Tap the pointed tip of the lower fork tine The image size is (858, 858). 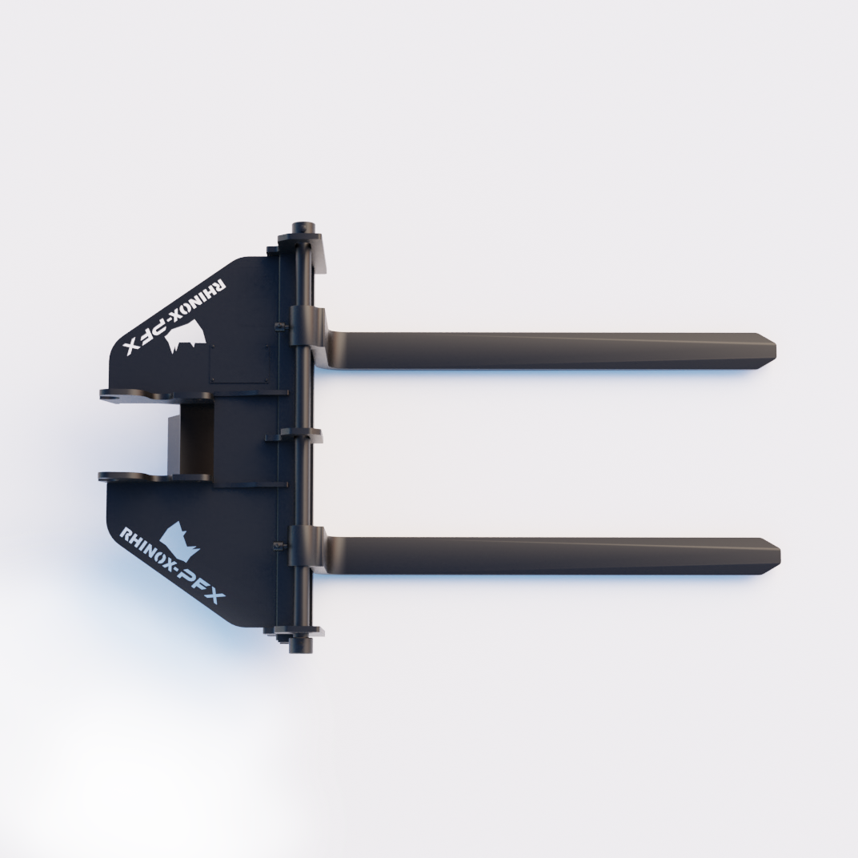(780, 556)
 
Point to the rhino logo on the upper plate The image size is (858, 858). (186, 335)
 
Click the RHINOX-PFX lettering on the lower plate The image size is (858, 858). (172, 566)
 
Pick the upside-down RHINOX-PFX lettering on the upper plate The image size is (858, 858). (174, 318)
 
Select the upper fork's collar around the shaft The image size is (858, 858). (301, 326)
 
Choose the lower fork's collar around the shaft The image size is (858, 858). (301, 546)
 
